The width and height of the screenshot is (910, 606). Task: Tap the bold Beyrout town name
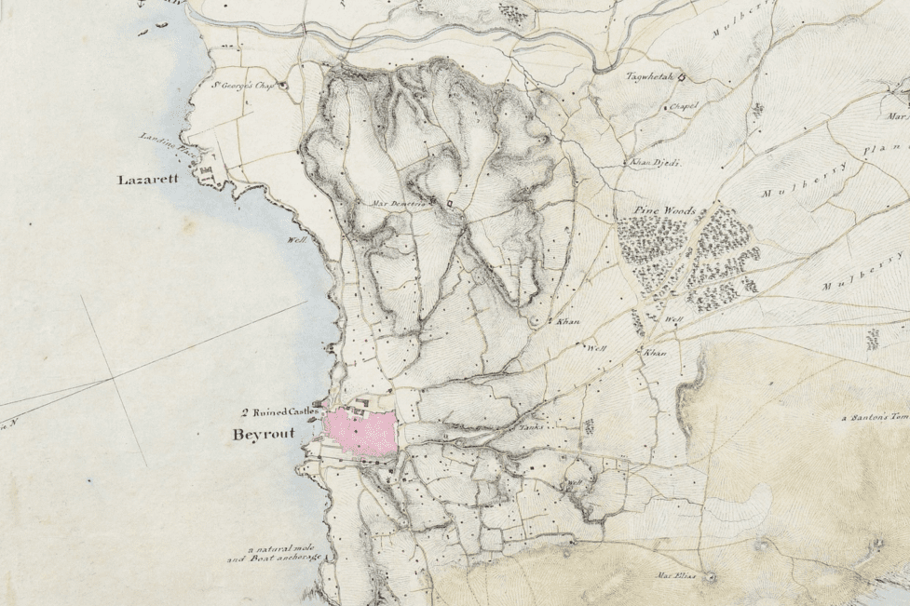click(264, 434)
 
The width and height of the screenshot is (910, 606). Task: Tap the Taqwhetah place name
click(648, 76)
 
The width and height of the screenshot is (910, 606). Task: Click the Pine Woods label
click(664, 212)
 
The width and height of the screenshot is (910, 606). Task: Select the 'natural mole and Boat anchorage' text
click(275, 553)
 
